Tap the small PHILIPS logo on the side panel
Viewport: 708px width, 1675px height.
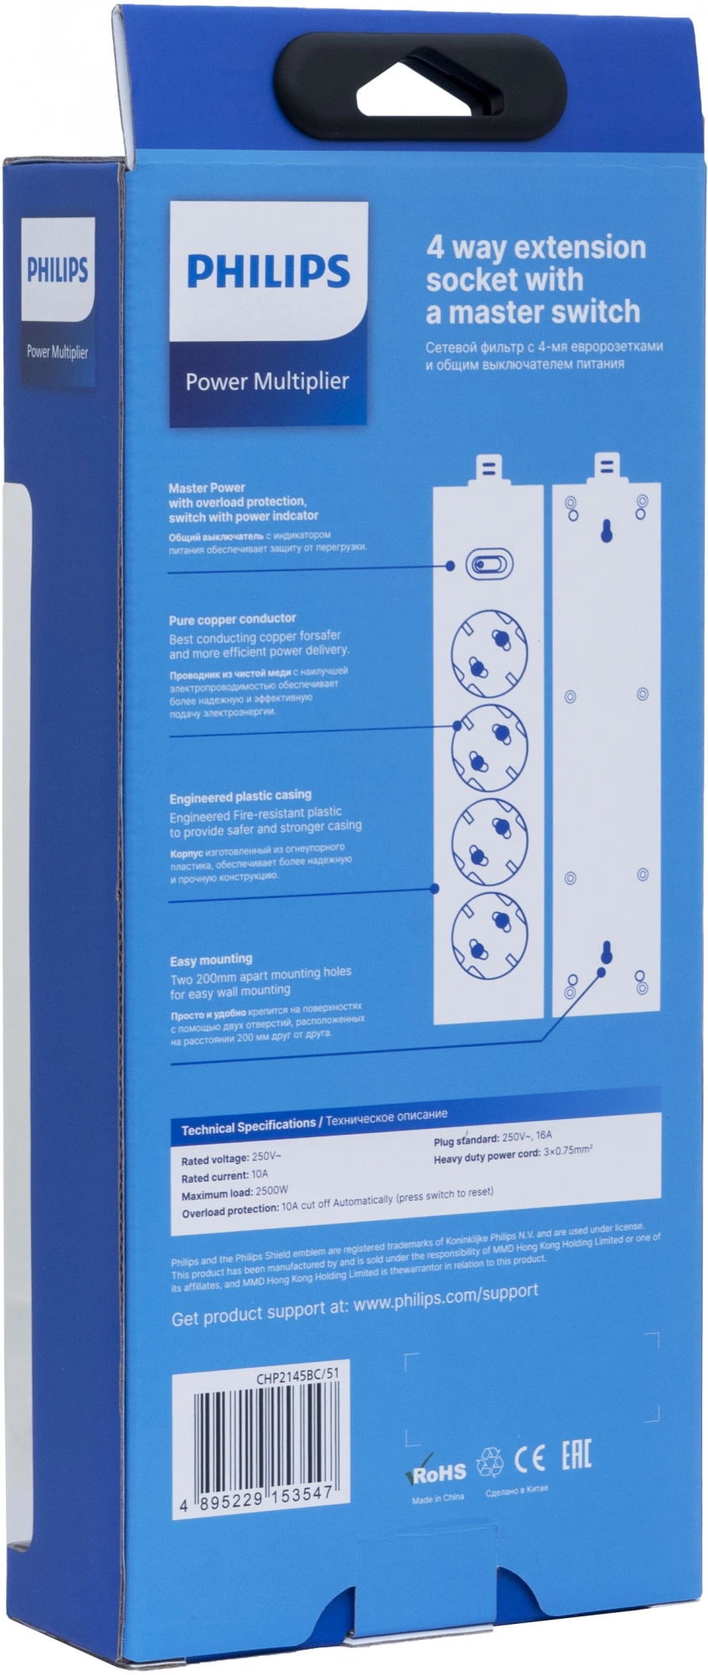coord(57,271)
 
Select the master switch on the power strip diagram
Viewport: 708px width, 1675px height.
coord(488,564)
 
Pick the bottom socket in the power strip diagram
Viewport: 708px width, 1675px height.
coord(489,935)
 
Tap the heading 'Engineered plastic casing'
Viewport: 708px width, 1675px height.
coord(240,796)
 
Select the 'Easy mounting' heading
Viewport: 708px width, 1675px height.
coord(210,960)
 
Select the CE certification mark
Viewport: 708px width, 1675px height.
coord(529,1458)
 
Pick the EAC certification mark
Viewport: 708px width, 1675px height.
coord(576,1456)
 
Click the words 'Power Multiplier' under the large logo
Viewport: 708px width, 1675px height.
coord(266,382)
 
